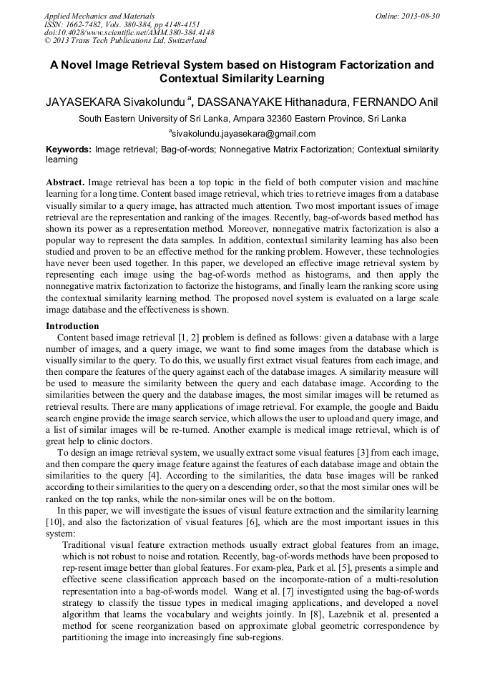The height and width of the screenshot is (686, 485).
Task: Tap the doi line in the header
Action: pyautogui.click(x=129, y=33)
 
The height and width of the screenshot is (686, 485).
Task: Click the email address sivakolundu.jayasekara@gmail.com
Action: pyautogui.click(x=242, y=134)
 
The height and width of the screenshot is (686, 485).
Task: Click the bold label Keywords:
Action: pyautogui.click(x=69, y=150)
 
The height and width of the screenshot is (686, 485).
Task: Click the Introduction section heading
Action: pyautogui.click(x=72, y=326)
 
